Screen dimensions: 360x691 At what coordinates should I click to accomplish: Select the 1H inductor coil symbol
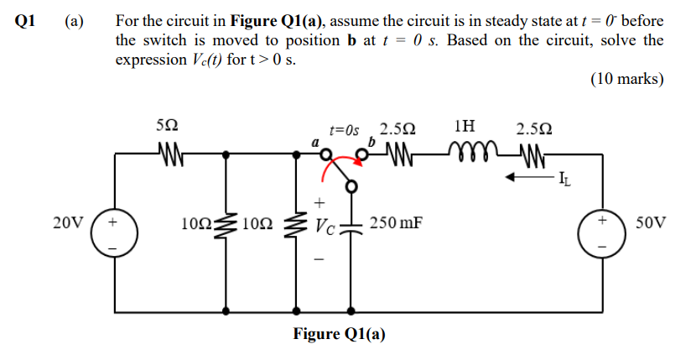[465, 154]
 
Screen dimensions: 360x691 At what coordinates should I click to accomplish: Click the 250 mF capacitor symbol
[351, 226]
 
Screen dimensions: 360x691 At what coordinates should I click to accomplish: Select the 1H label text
[463, 127]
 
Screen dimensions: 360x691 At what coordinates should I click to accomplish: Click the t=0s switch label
[344, 130]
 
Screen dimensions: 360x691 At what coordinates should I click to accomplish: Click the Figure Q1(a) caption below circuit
[339, 334]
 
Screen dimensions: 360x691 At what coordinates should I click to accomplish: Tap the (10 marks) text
[627, 81]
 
